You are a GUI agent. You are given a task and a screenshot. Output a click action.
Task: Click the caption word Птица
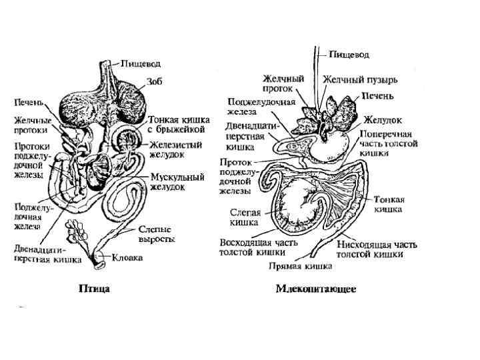94,289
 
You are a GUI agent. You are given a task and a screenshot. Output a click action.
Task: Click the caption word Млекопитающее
315,289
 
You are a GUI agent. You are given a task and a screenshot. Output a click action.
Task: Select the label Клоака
127,257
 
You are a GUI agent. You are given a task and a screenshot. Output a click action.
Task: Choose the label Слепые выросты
157,233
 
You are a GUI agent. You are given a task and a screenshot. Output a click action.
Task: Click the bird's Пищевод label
139,63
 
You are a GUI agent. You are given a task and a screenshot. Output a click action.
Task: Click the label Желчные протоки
31,125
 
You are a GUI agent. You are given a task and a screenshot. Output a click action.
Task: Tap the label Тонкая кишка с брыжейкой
179,125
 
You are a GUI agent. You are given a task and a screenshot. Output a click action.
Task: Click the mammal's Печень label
377,97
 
